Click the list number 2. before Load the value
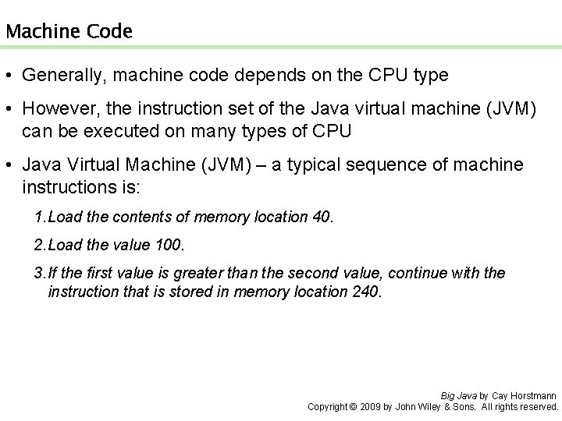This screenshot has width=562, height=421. point(40,246)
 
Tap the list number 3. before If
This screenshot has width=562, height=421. point(40,274)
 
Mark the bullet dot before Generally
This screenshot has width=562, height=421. point(11,76)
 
